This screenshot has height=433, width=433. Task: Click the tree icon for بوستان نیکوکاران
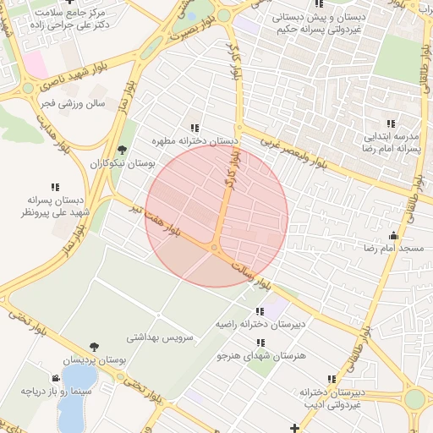coord(122,150)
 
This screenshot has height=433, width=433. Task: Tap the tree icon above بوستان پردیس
coord(93,347)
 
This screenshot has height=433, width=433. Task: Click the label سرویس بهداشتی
coord(160,337)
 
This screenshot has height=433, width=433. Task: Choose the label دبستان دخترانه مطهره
coord(195,140)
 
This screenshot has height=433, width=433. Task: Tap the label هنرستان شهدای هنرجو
coord(260,357)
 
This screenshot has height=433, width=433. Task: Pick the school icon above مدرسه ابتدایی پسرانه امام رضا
coord(391,123)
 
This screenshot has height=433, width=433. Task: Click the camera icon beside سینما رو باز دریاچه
coord(56,378)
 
